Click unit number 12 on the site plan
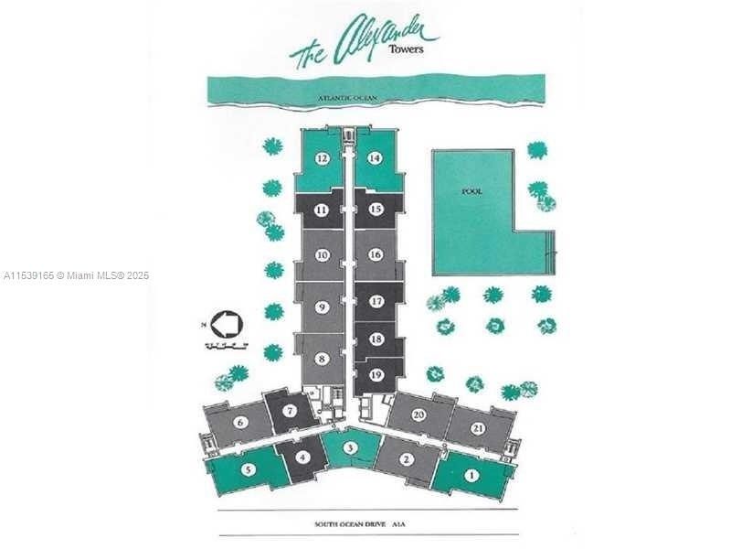(x=322, y=158)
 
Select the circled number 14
(x=375, y=158)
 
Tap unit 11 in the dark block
(x=322, y=210)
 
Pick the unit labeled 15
(x=375, y=210)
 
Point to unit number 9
(x=322, y=307)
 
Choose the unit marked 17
(x=376, y=301)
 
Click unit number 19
(x=376, y=373)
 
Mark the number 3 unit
(x=350, y=447)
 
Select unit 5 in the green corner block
(x=249, y=469)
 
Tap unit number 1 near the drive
(x=471, y=475)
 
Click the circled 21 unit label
(x=478, y=428)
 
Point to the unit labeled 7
(x=289, y=411)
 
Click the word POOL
(x=472, y=192)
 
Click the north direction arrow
(x=224, y=324)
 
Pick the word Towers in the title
(x=406, y=49)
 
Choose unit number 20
(x=419, y=414)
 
